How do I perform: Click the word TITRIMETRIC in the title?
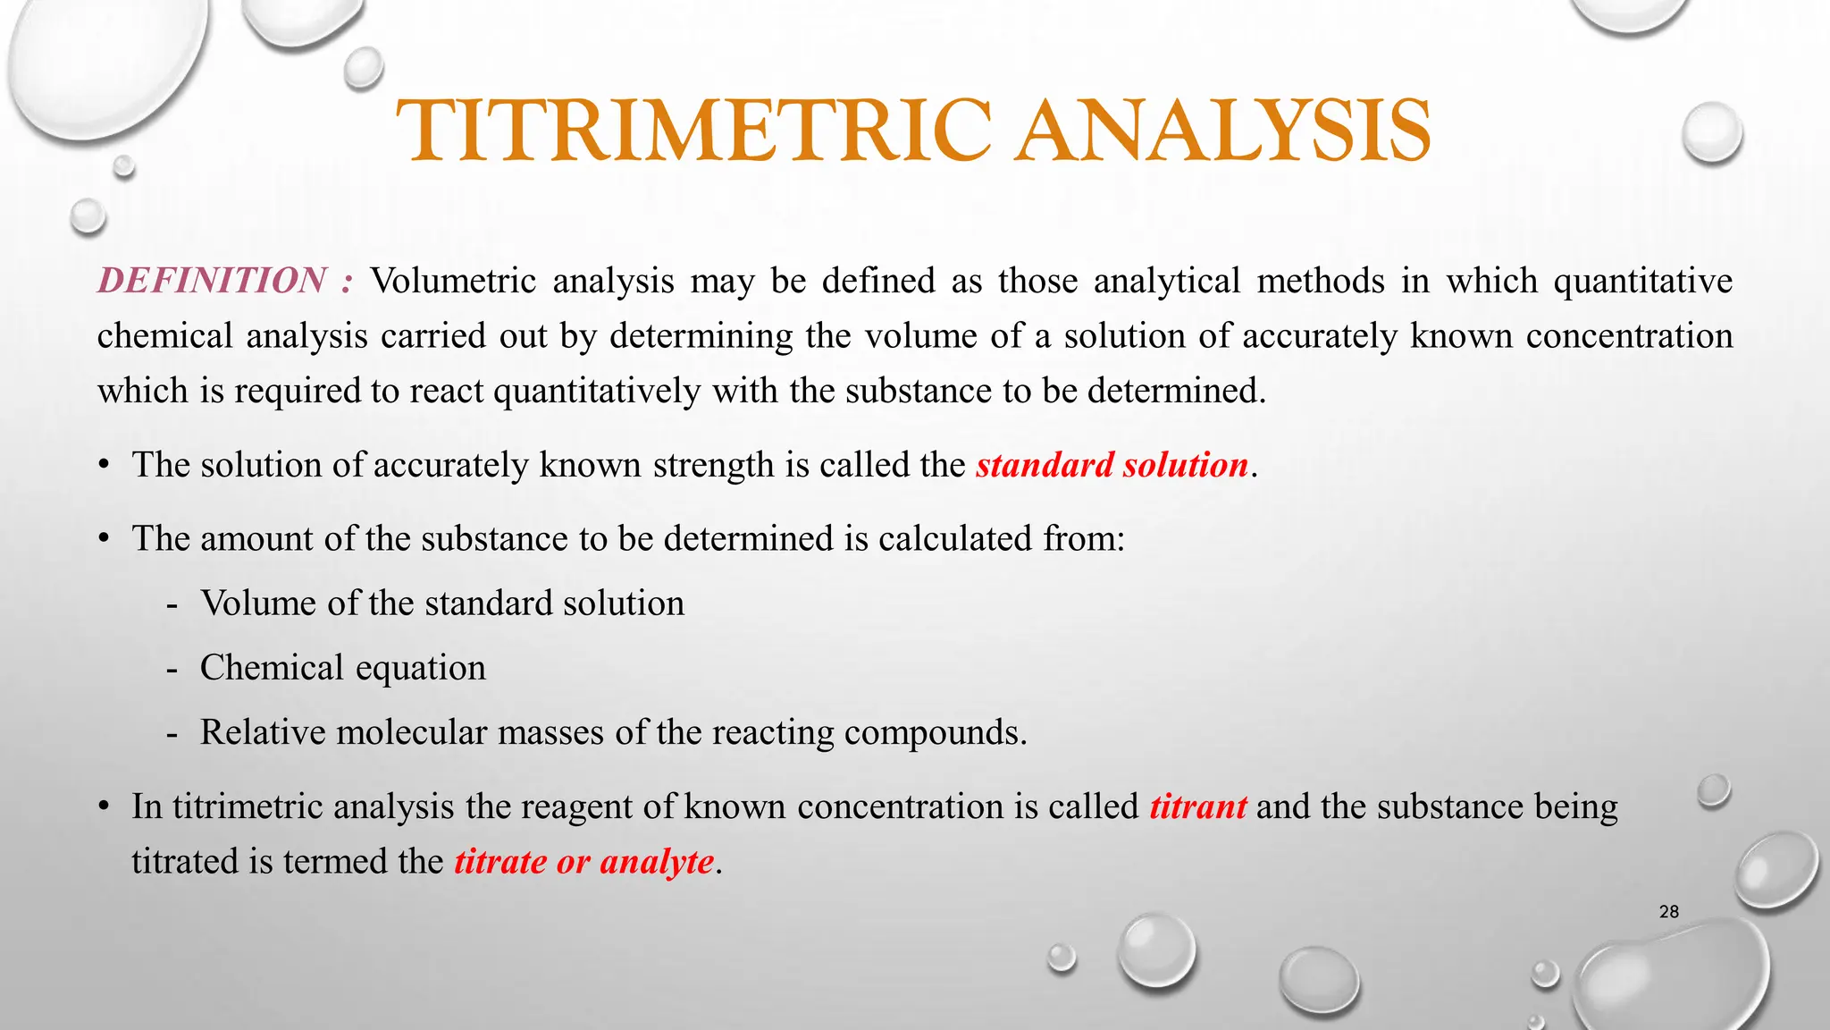[693, 131]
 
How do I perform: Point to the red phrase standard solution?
[1112, 465]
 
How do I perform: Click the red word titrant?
[1197, 806]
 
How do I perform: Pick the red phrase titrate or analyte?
[584, 862]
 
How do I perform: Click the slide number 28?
[1668, 912]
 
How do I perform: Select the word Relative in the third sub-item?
[264, 732]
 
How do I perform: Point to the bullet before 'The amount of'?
[105, 539]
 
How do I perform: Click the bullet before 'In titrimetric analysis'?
[105, 807]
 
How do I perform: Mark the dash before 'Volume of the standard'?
[172, 604]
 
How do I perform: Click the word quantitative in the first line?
[1642, 281]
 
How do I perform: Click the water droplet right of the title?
[1712, 132]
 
